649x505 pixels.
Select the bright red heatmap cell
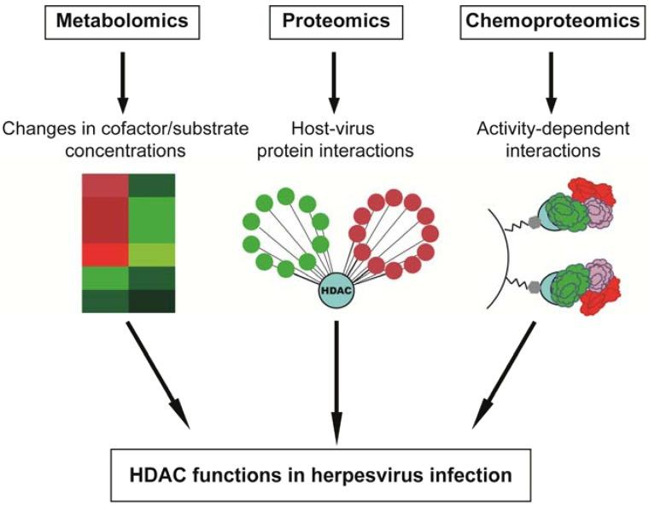(x=104, y=254)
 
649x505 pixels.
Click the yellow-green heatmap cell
(x=152, y=254)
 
